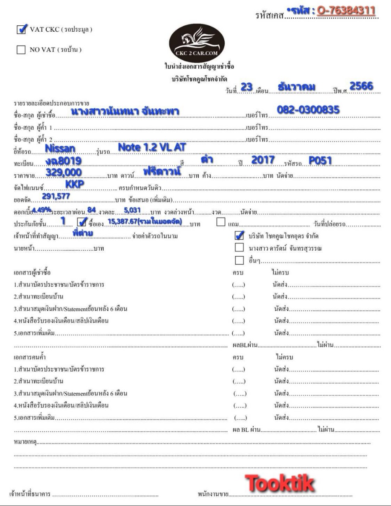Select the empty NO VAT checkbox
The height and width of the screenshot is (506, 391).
pyautogui.click(x=21, y=50)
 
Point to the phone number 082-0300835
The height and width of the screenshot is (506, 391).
pyautogui.click(x=308, y=110)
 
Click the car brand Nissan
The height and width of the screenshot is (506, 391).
pyautogui.click(x=60, y=148)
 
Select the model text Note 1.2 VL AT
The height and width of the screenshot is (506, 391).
pyautogui.click(x=152, y=147)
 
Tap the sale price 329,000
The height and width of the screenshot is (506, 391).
pyautogui.click(x=64, y=172)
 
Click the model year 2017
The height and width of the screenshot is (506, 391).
pyautogui.click(x=263, y=160)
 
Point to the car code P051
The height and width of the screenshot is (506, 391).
pyautogui.click(x=320, y=160)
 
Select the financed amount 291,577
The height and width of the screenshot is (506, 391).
pyautogui.click(x=56, y=196)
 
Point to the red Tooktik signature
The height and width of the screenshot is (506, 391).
pyautogui.click(x=280, y=483)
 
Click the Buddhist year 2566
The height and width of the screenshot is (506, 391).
pyautogui.click(x=361, y=86)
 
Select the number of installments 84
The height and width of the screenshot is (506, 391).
pyautogui.click(x=92, y=210)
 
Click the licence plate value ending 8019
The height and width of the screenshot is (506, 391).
pyautogui.click(x=63, y=161)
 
